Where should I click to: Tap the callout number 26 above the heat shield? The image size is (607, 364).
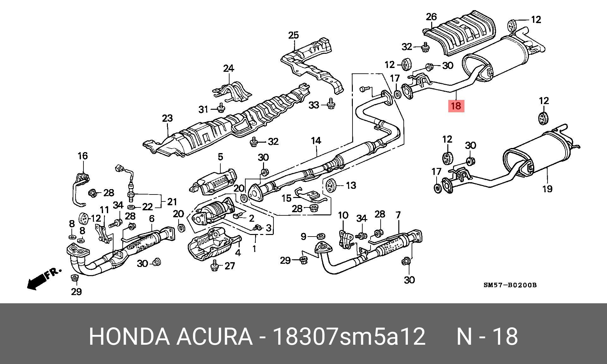click(431, 17)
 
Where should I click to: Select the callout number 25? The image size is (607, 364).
click(293, 35)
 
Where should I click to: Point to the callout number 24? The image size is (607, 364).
click(229, 68)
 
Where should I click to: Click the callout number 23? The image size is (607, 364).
click(167, 118)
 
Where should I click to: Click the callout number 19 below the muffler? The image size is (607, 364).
click(547, 189)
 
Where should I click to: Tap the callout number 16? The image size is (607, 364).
click(83, 156)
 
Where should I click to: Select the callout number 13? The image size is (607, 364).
click(351, 185)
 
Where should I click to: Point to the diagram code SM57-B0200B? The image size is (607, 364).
click(510, 285)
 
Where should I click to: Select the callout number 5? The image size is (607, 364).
click(220, 157)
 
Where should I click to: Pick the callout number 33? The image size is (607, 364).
click(314, 105)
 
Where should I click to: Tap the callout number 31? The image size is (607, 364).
click(203, 109)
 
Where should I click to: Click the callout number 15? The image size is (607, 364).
click(286, 198)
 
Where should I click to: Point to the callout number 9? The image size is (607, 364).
click(303, 236)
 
